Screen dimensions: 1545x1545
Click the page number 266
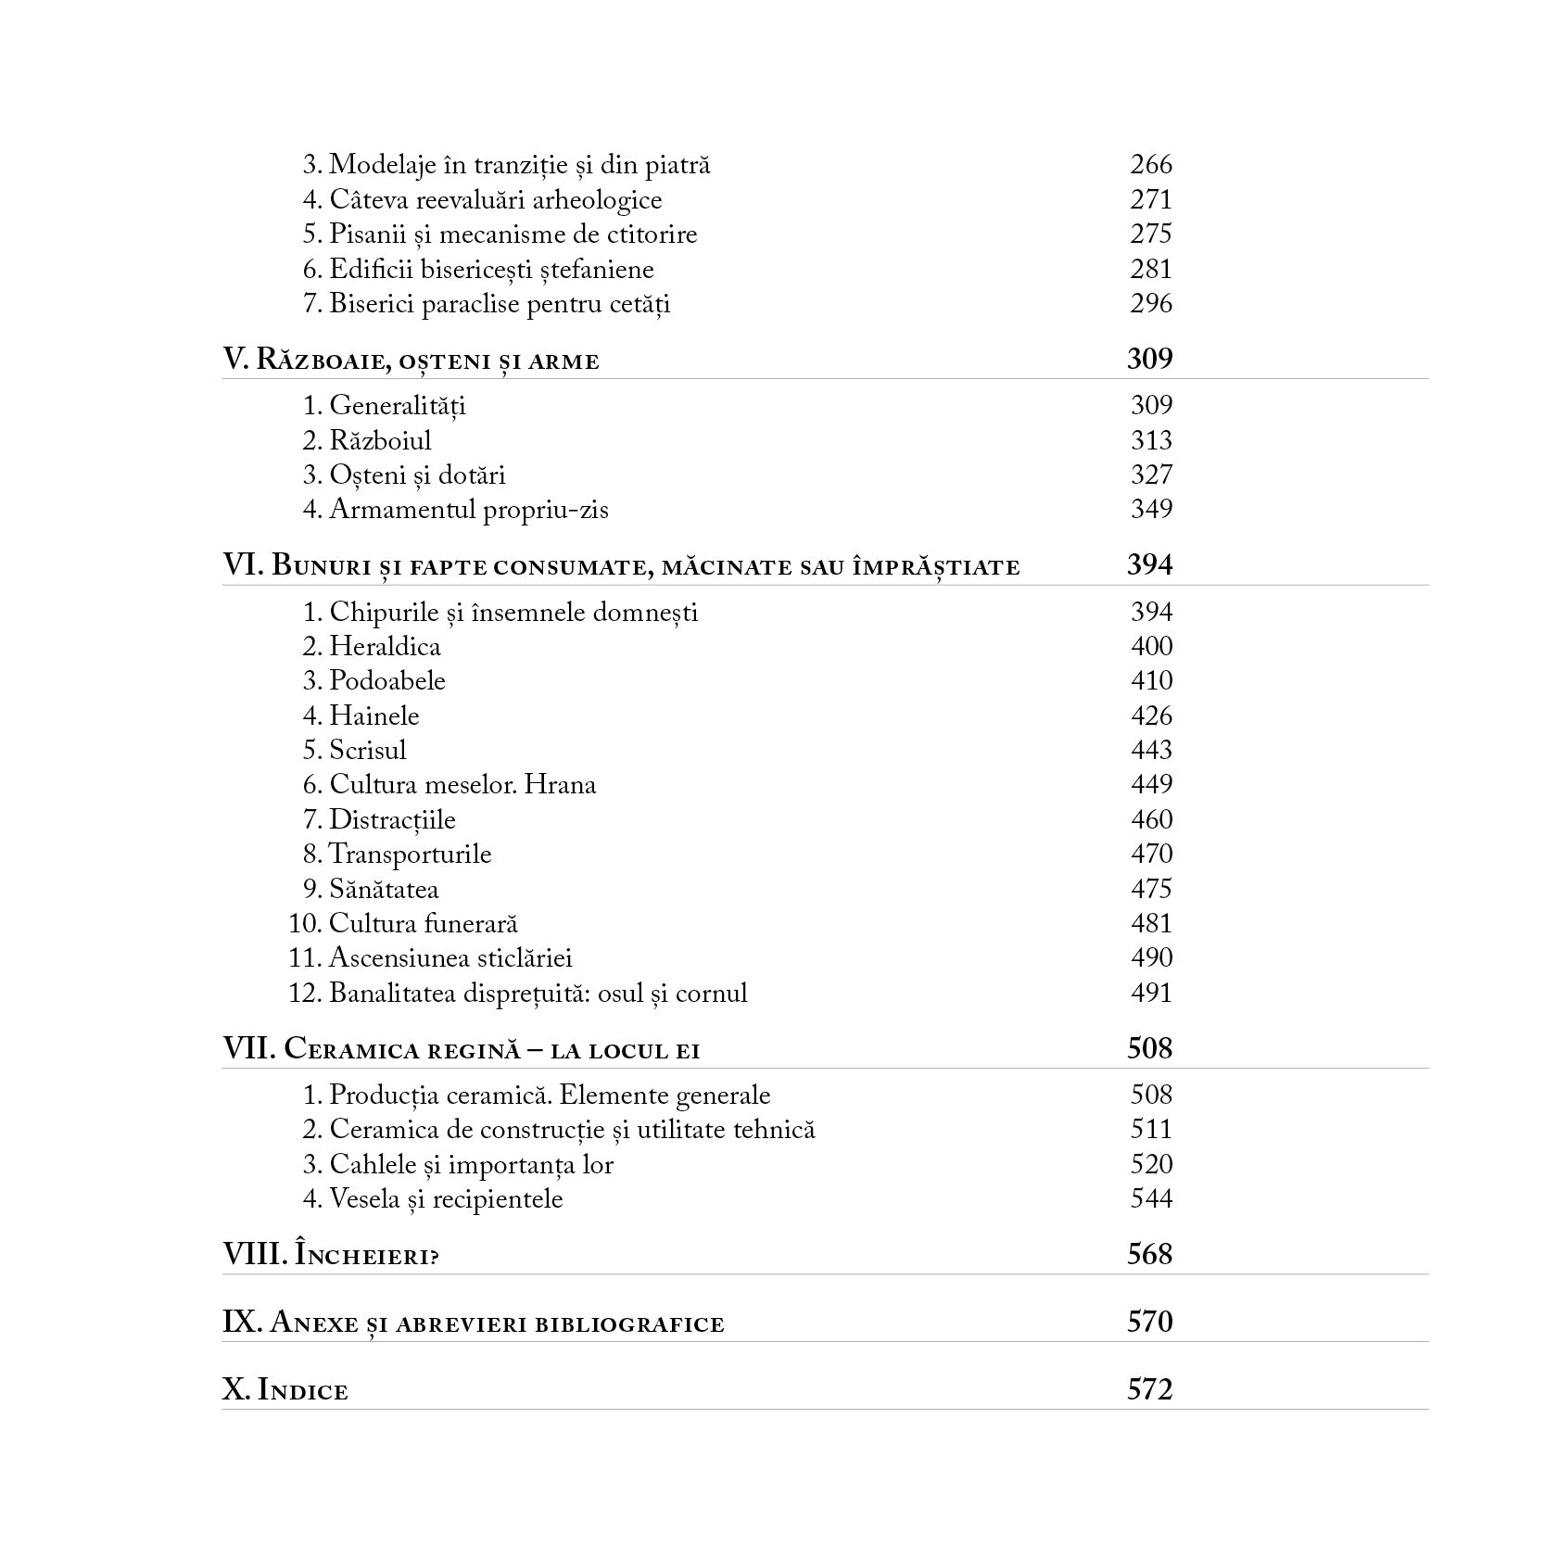click(1150, 165)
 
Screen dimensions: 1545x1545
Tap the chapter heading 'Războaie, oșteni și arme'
click(411, 360)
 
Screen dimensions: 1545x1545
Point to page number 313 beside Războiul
click(1151, 440)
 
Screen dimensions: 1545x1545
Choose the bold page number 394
click(1149, 564)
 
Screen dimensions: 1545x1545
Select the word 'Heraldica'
click(385, 646)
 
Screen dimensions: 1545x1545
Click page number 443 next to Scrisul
click(1151, 750)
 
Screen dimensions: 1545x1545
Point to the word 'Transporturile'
click(410, 855)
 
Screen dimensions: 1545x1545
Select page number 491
click(1151, 993)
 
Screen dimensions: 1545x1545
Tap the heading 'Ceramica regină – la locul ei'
click(461, 1049)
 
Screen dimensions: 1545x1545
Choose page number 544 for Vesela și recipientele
click(1151, 1199)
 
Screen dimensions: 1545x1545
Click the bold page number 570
click(1149, 1322)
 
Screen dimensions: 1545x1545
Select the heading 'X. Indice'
click(285, 1390)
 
